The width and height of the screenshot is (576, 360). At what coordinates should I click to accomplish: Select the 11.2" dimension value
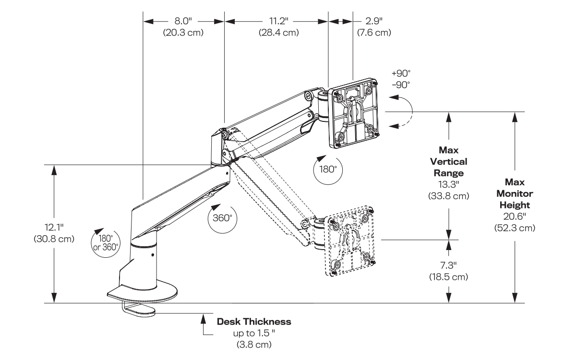(277, 22)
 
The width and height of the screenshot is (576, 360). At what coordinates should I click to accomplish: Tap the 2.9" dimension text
(373, 22)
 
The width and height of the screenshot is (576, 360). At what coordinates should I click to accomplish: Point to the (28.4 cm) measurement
(277, 33)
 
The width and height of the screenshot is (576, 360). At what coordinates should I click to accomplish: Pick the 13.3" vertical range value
(448, 185)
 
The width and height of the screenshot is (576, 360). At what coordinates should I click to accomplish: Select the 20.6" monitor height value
(514, 216)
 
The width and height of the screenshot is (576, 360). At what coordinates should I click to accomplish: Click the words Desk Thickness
(254, 321)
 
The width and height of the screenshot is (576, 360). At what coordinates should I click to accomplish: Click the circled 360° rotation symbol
(222, 217)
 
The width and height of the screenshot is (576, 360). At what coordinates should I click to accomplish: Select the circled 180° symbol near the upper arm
(325, 168)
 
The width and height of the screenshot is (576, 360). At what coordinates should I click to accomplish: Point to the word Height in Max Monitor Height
(514, 205)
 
